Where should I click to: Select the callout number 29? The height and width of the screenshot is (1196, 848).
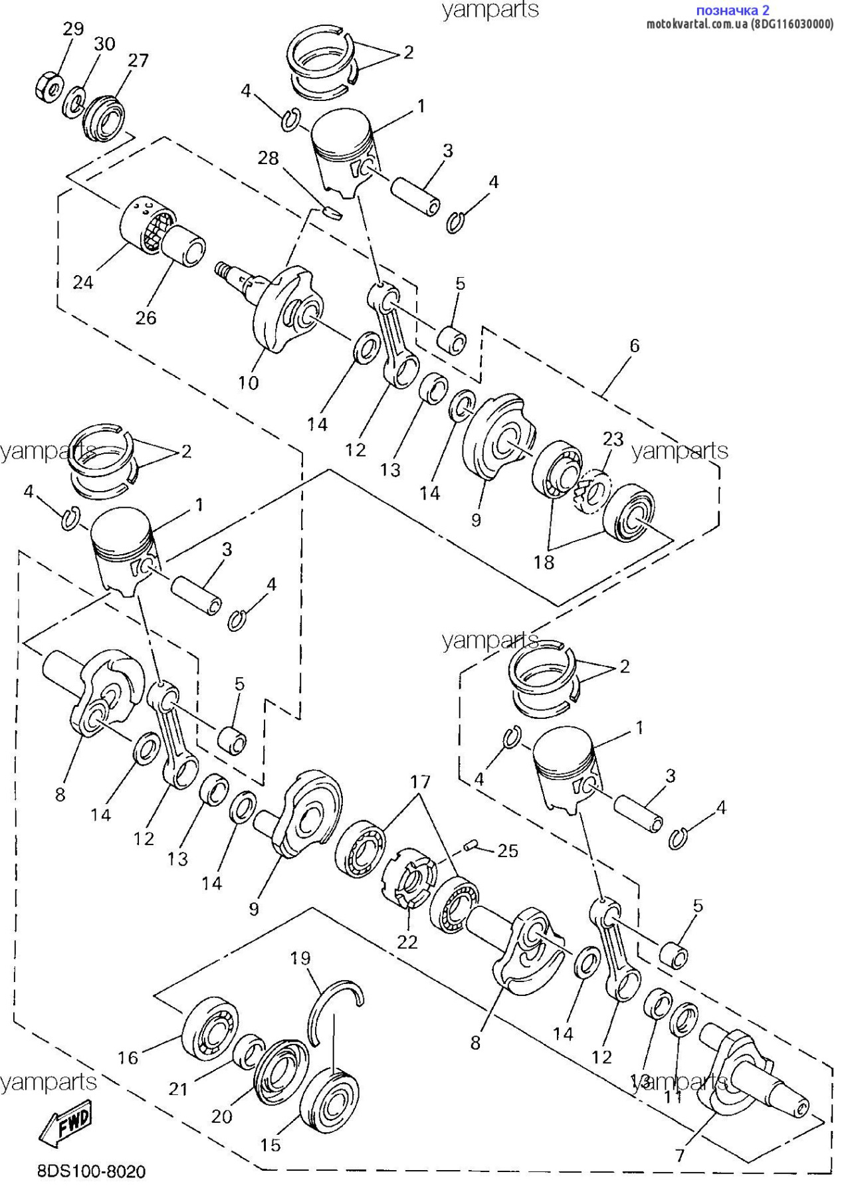(73, 29)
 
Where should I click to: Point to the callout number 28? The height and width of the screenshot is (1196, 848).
(268, 158)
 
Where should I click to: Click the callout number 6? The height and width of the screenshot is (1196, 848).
(635, 346)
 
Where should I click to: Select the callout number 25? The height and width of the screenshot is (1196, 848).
(508, 850)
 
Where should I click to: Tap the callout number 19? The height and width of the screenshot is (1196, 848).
(300, 957)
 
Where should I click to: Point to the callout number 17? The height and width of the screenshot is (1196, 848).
(420, 781)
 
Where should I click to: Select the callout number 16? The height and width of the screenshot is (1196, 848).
(128, 1057)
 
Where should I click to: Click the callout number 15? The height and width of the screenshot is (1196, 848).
(270, 1145)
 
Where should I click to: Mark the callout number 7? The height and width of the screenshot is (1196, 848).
(679, 1155)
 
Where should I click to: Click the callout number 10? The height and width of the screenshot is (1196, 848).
(248, 383)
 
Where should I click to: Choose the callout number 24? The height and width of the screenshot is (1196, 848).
(82, 282)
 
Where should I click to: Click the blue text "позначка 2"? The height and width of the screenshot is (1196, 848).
(732, 10)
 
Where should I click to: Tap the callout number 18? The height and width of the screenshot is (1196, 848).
(544, 562)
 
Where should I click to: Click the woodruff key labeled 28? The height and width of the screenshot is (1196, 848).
(332, 213)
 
